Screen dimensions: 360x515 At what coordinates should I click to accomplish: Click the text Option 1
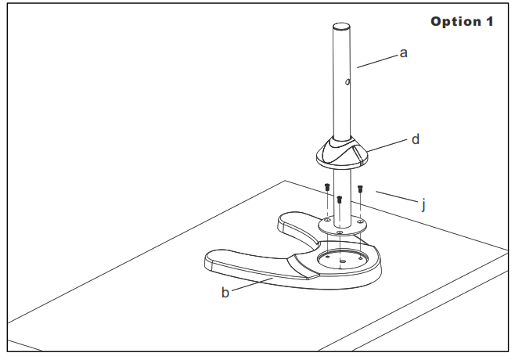tap(462, 21)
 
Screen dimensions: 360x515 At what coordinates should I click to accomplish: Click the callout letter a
tap(405, 55)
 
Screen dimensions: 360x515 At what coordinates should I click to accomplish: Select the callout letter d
tap(416, 139)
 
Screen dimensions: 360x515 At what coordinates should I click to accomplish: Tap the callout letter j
tap(423, 206)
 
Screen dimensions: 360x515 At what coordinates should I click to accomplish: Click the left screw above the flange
tap(324, 187)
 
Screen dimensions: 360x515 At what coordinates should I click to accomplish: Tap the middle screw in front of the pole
tap(339, 199)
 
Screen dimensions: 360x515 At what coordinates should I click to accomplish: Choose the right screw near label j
tap(360, 189)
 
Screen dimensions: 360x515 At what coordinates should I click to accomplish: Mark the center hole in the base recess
tap(341, 260)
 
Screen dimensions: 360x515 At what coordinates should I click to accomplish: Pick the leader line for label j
tap(395, 196)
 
